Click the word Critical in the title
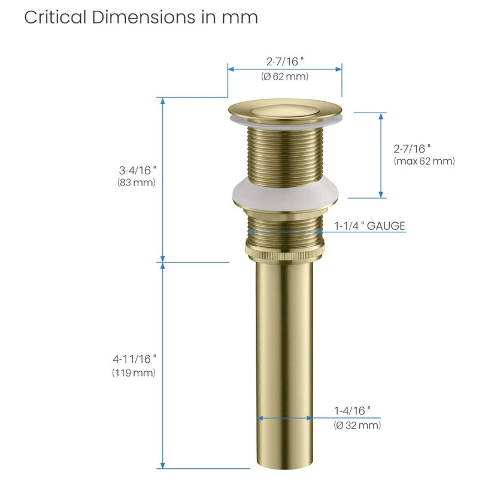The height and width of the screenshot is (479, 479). pyautogui.click(x=55, y=17)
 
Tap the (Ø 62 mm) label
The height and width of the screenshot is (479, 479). pyautogui.click(x=285, y=77)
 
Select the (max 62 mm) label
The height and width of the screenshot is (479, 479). pyautogui.click(x=424, y=161)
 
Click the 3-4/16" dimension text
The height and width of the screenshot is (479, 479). pyautogui.click(x=138, y=170)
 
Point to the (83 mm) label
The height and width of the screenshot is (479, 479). pyautogui.click(x=137, y=183)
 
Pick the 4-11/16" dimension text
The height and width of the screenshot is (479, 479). pyautogui.click(x=134, y=359)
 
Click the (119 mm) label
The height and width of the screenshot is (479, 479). pyautogui.click(x=134, y=372)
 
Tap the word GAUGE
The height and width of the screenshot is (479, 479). pyautogui.click(x=386, y=226)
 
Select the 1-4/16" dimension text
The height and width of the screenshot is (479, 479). pyautogui.click(x=352, y=411)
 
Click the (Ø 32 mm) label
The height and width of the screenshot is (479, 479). pyautogui.click(x=357, y=425)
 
